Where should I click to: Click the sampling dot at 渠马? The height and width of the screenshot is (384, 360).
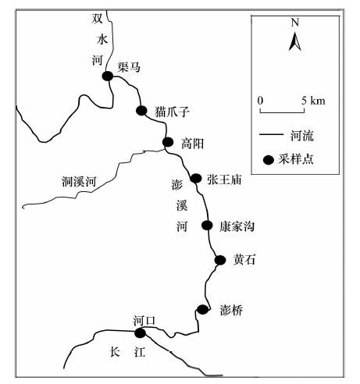(108, 76)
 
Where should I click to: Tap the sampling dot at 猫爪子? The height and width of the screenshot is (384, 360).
(141, 111)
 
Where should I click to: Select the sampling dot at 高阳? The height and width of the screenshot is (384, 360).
(168, 142)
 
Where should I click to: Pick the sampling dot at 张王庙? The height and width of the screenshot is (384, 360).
(196, 178)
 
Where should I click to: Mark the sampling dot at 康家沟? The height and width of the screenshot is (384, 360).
(207, 226)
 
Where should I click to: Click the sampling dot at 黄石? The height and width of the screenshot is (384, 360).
(220, 260)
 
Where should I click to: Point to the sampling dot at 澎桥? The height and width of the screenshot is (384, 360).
(202, 309)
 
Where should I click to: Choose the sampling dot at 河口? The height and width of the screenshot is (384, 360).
(140, 332)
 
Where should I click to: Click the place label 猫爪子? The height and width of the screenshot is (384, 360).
(172, 112)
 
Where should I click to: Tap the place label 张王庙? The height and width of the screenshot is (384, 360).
(224, 180)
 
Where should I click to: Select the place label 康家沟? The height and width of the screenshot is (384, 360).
(237, 226)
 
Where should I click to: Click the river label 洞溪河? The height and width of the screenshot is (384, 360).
(79, 181)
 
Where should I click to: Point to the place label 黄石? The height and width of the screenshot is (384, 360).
(244, 260)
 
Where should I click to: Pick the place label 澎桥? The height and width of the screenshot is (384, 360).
(231, 310)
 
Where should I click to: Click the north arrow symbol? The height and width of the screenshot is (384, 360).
(295, 41)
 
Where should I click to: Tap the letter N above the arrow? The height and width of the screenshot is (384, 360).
(295, 23)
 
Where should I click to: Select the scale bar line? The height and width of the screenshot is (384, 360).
(282, 111)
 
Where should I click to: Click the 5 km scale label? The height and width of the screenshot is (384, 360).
(313, 101)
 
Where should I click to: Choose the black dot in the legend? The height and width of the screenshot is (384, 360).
(269, 160)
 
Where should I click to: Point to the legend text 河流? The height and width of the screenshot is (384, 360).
(302, 136)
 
